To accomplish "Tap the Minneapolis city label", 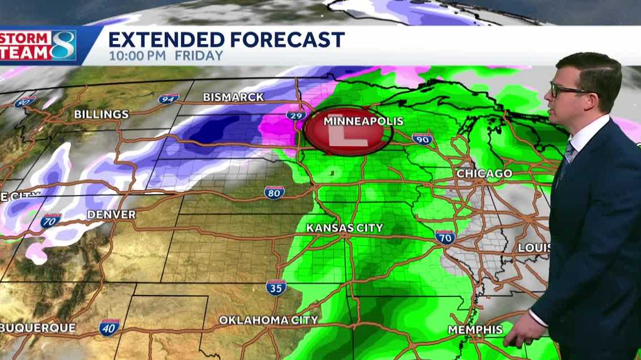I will click(x=363, y=121).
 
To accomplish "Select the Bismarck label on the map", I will click(x=233, y=98).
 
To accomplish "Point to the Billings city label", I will click(x=101, y=115).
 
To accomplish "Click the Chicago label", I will click(x=484, y=173).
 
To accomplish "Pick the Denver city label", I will click(x=111, y=215).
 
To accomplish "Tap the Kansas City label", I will click(x=344, y=228).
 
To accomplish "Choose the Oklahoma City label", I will click(x=268, y=320).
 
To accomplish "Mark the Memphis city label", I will click(x=475, y=329).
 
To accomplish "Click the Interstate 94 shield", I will click(x=168, y=99).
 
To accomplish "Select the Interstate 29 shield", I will click(x=296, y=115).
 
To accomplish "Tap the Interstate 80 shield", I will click(x=274, y=193).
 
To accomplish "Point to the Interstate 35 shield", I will click(x=276, y=287).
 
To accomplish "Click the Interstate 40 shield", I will click(x=109, y=327).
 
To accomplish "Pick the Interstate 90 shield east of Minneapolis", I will click(x=422, y=139).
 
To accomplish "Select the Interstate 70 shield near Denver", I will click(x=51, y=221).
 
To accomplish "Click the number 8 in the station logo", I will click(x=62, y=46).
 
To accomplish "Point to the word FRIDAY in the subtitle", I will click(x=199, y=56).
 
